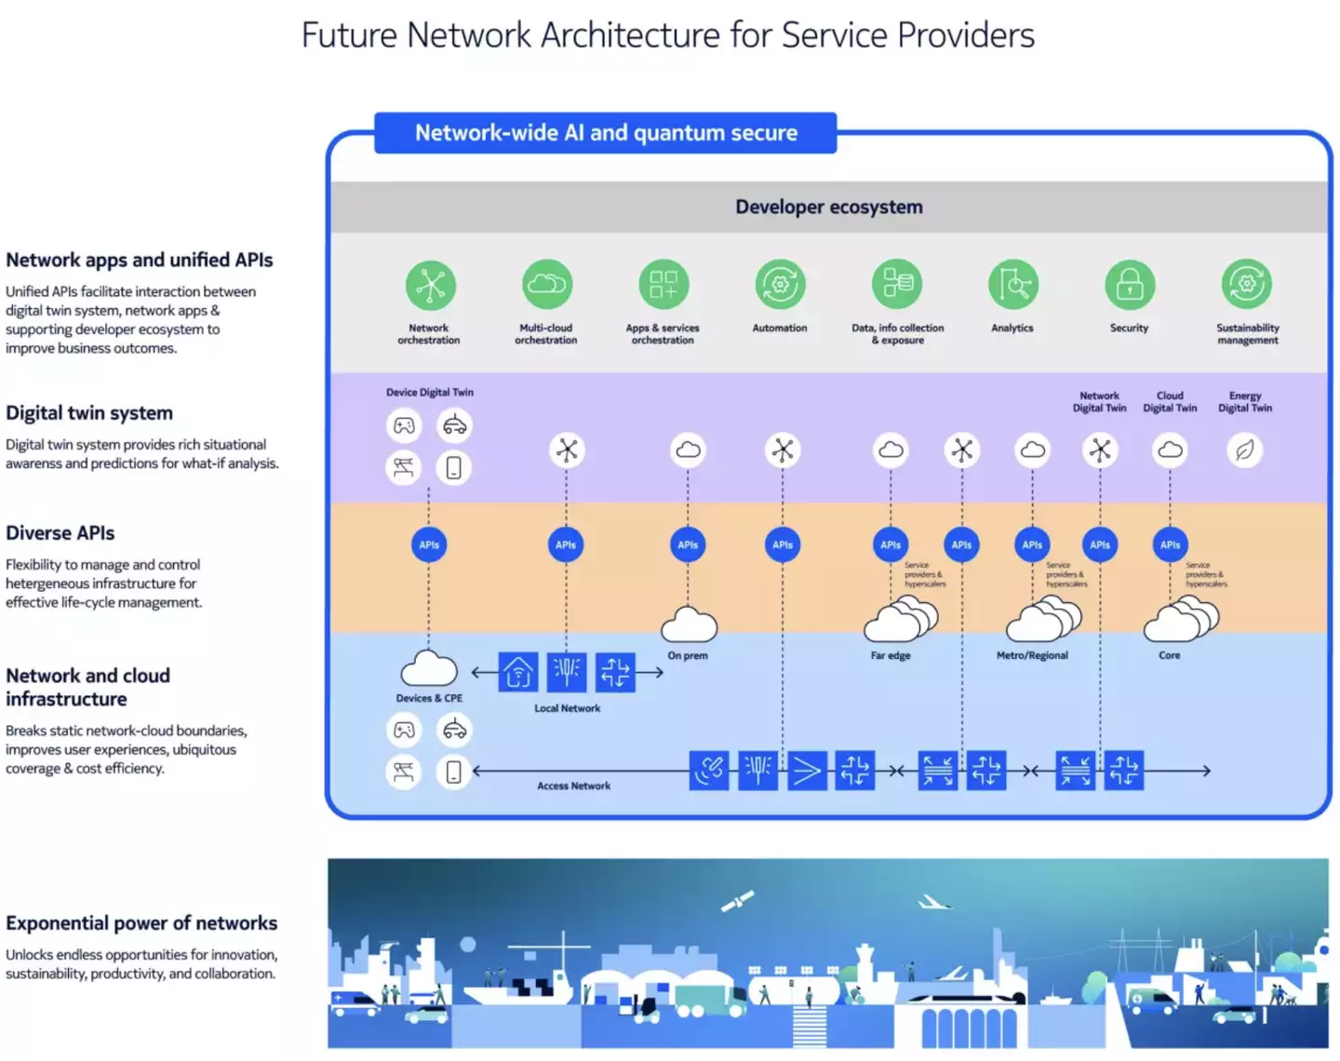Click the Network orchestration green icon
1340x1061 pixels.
pos(430,285)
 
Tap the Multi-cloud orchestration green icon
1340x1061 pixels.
pos(547,285)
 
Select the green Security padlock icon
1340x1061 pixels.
pos(1130,285)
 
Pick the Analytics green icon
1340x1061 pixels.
pos(1012,285)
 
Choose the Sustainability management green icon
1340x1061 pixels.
pos(1246,285)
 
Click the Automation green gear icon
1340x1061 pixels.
pos(780,285)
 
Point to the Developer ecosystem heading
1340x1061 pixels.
pos(829,207)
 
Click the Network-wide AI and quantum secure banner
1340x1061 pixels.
pos(606,133)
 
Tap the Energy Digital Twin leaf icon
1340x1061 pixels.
pos(1244,450)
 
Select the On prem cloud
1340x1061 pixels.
pos(689,625)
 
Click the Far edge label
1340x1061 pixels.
pos(891,655)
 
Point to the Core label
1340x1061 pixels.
pos(1170,655)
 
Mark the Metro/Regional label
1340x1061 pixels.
pos(1032,655)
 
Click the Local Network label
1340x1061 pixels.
pos(568,708)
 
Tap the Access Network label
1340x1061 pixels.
pos(574,786)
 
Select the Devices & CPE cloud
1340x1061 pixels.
pos(429,669)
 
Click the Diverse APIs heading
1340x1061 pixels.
pos(60,533)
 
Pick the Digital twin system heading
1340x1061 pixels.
pos(89,413)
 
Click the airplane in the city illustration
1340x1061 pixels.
pos(933,902)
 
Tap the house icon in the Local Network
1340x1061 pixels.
pos(518,672)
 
